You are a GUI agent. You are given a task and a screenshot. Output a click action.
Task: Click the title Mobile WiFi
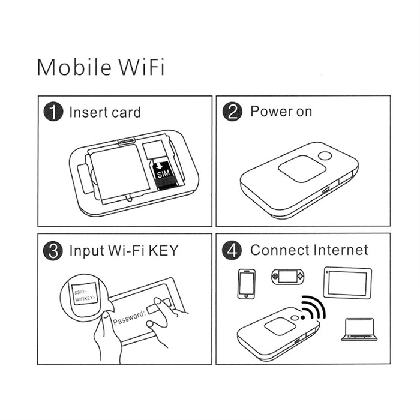point(101,67)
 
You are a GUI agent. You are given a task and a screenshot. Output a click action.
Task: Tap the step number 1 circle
point(53,112)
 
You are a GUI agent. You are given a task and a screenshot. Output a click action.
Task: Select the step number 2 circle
point(232,112)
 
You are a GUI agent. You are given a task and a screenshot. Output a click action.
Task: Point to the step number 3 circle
point(53,251)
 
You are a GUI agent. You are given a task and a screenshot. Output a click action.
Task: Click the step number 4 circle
point(232,250)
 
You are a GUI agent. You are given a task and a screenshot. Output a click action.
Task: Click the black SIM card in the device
point(163,174)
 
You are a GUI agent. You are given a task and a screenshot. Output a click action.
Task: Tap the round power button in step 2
point(325,156)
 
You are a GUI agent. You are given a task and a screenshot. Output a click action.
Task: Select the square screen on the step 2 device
point(302,169)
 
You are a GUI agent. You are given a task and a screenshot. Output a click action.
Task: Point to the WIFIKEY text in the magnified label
point(85,298)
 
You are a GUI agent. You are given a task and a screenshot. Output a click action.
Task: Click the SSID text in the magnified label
point(80,292)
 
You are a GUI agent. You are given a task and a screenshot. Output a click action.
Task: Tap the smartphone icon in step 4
point(247,284)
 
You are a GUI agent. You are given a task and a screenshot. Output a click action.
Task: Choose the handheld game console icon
point(288,277)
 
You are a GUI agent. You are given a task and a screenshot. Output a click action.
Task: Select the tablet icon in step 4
point(347,283)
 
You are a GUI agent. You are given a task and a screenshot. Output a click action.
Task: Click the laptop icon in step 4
point(359,329)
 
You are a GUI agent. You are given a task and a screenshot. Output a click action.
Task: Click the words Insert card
point(105,112)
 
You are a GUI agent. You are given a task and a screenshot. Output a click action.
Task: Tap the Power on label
point(281,112)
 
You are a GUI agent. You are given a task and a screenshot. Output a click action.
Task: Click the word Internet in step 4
point(341,250)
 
